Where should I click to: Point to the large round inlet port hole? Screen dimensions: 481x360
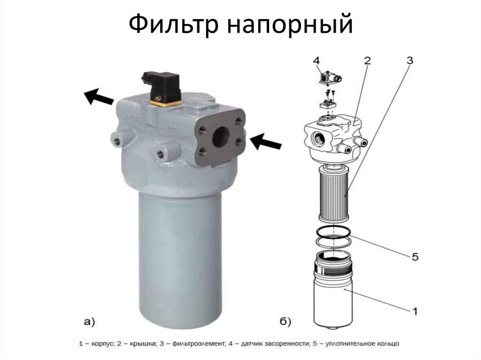coord(221,137)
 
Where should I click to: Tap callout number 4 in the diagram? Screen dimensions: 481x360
coord(317,61)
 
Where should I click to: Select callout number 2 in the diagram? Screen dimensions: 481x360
coord(367,61)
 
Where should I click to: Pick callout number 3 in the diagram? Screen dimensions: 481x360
coord(410,61)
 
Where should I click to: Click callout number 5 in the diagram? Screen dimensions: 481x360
coord(415,256)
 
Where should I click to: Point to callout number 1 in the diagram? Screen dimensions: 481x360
coord(415,311)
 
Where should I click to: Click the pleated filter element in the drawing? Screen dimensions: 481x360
coord(334,193)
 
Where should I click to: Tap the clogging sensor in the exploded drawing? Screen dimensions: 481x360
coord(330,78)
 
